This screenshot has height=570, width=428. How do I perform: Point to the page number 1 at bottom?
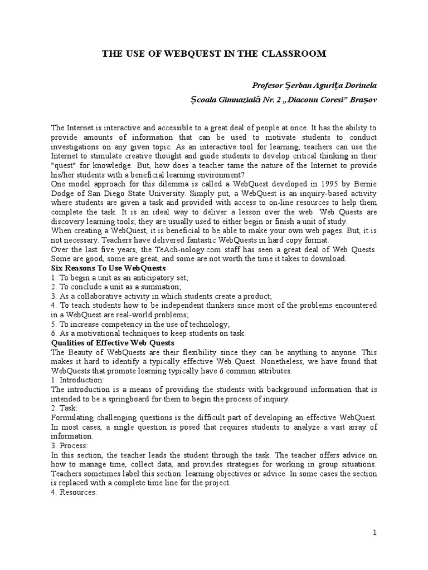[x=375, y=533]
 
